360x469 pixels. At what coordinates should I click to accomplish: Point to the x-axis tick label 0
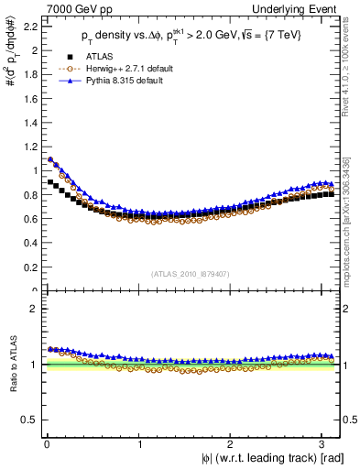pyautogui.click(x=46, y=442)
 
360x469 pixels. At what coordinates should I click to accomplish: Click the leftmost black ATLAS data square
pyautogui.click(x=50, y=182)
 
